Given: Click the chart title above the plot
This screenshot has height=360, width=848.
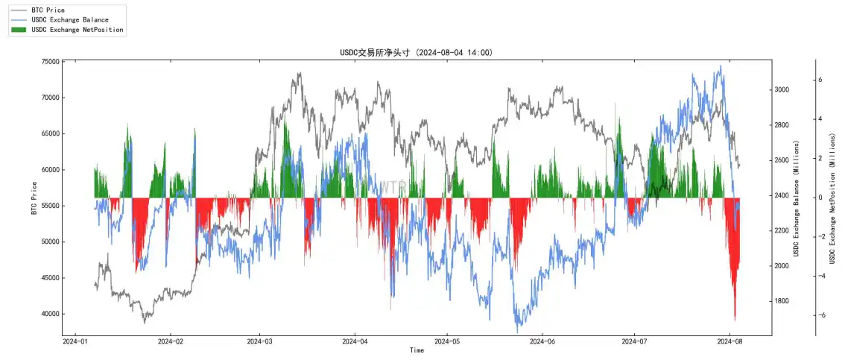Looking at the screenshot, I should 416,53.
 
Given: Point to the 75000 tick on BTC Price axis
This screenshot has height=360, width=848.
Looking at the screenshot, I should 50,62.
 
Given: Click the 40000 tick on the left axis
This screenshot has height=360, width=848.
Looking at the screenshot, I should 50,314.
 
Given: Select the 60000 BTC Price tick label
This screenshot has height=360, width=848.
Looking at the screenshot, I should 50,170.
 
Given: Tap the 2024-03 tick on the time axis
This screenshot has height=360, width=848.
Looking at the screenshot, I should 259,342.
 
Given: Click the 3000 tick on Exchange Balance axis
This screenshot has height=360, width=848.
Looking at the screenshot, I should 782,89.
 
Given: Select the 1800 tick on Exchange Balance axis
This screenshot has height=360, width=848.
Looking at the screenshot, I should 782,301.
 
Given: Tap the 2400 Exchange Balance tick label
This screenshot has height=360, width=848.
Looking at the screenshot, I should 782,195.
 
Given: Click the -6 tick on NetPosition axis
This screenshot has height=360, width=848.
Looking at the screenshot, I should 823,315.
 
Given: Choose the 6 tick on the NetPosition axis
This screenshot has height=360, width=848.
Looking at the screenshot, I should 820,79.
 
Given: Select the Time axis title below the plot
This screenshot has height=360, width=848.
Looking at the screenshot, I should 417,350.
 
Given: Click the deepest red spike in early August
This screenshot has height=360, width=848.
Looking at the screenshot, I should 735,318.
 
